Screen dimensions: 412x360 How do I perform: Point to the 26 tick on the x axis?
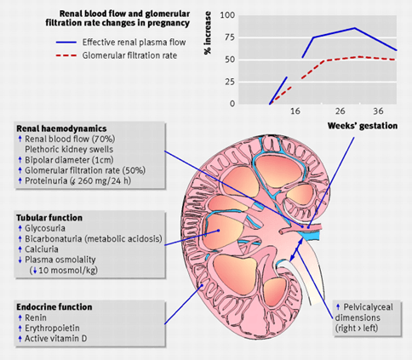point(340,111)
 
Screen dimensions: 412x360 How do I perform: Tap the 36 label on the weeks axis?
point(378,111)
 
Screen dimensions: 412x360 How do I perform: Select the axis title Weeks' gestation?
point(363,126)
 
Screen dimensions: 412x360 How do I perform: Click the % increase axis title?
point(208,33)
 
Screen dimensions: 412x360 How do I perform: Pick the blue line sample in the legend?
point(66,43)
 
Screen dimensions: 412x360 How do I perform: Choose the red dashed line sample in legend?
point(66,55)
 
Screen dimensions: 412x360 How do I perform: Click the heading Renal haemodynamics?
point(61,129)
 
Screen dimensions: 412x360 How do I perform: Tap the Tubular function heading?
point(49,218)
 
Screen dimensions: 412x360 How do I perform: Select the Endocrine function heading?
point(54,307)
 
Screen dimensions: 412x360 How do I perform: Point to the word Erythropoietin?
point(52,329)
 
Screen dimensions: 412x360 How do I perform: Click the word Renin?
point(36,317)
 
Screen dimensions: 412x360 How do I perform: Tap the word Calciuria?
point(42,249)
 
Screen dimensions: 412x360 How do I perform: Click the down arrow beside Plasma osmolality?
point(20,260)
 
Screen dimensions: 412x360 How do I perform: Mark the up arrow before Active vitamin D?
point(20,339)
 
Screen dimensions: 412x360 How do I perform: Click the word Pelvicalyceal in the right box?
point(369,307)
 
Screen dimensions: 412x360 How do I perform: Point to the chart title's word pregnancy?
point(168,23)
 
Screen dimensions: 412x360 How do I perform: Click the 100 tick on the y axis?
point(227,15)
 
